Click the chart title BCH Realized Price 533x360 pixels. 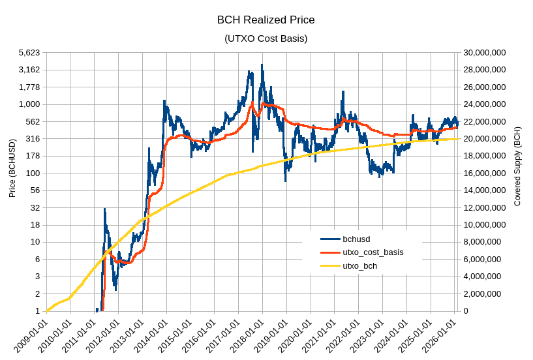pyautogui.click(x=266, y=20)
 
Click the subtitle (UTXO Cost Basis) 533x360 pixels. pyautogui.click(x=266, y=38)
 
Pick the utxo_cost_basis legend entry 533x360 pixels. pyautogui.click(x=373, y=252)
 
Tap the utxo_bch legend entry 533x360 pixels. pyautogui.click(x=359, y=266)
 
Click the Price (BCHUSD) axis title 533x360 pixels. pyautogui.click(x=12, y=168)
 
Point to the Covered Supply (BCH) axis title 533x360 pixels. pyautogui.click(x=517, y=166)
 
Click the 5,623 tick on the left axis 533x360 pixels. pyautogui.click(x=29, y=52)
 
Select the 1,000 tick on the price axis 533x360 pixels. pyautogui.click(x=29, y=104)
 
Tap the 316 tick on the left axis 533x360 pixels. pyautogui.click(x=33, y=139)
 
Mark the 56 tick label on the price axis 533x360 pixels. pyautogui.click(x=35, y=190)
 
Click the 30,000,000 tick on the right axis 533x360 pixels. pyautogui.click(x=484, y=52)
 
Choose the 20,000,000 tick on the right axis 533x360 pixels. pyautogui.click(x=484, y=139)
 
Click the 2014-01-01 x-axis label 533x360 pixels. pyautogui.click(x=153, y=336)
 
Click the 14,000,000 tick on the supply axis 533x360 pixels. pyautogui.click(x=484, y=190)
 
